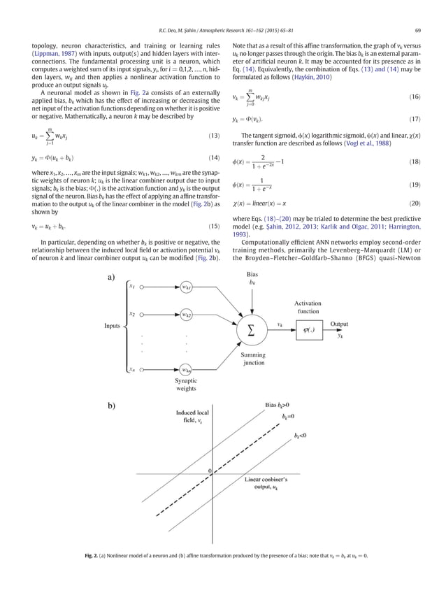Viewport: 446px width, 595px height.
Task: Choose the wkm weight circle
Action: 186,368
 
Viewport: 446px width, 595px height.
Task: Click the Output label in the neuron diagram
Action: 339,324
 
